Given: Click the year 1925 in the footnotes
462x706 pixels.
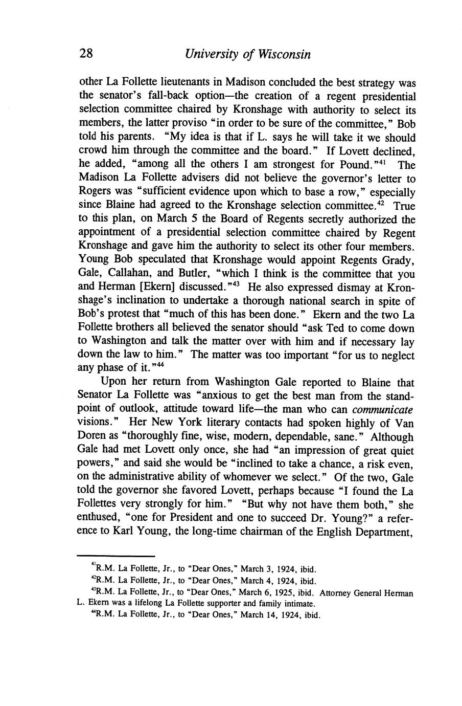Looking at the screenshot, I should click(x=284, y=593).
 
